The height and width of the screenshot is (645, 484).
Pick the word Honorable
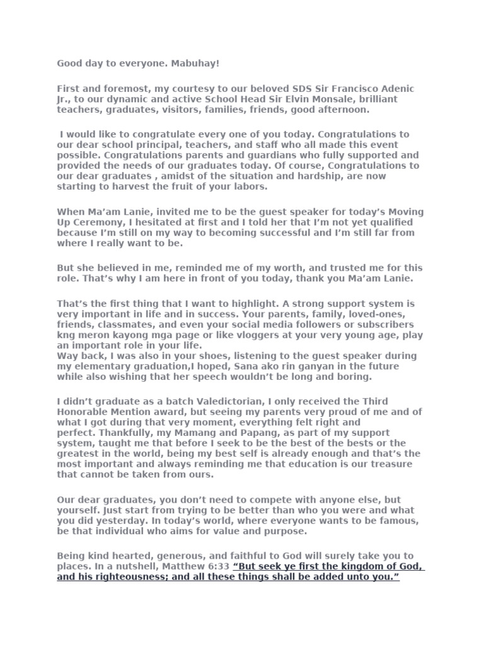[x=87, y=412]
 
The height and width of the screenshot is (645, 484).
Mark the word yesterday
[x=115, y=521]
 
